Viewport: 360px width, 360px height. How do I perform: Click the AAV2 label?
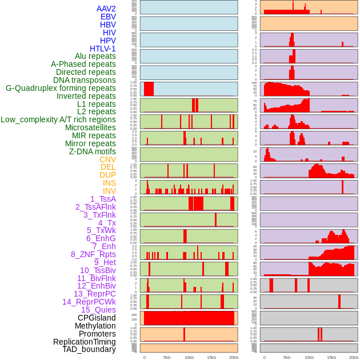tap(106, 9)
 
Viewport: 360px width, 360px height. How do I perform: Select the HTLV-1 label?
tap(103, 49)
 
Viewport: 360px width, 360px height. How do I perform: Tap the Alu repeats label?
tap(95, 56)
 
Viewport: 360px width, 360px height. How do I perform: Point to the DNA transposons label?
tap(85, 80)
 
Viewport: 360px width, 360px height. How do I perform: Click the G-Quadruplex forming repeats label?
tap(61, 88)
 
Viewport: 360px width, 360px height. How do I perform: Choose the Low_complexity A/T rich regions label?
tap(58, 119)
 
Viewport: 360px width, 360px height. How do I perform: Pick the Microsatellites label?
tap(90, 127)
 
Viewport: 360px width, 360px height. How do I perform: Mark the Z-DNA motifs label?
tap(92, 151)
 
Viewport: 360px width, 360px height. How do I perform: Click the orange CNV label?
tap(107, 159)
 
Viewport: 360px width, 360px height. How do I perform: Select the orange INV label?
tap(109, 191)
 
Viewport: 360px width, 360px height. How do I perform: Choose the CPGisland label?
tap(97, 318)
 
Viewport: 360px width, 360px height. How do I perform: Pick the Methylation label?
tap(95, 326)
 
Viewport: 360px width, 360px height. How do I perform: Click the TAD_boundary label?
tap(89, 349)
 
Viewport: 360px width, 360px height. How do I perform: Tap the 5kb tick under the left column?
tap(167, 357)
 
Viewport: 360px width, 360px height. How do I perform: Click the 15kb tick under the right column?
tap(331, 357)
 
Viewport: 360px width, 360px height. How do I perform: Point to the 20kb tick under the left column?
tap(234, 357)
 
